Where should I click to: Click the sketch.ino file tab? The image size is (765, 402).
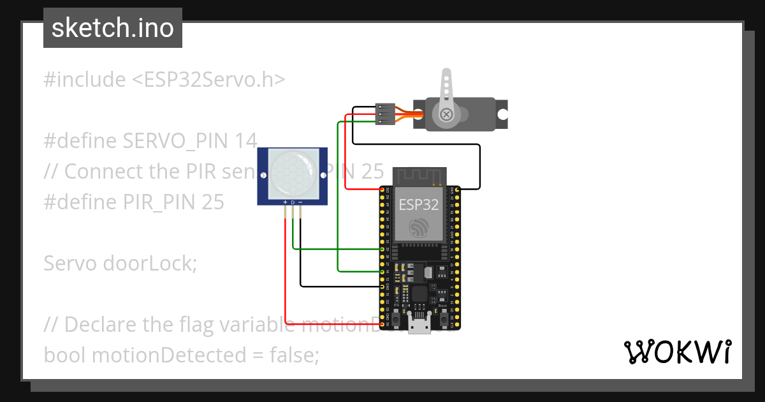click(x=113, y=28)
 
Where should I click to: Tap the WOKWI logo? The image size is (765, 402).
click(x=677, y=352)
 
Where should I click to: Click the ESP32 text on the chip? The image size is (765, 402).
click(x=419, y=205)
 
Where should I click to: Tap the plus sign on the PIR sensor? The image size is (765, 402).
click(x=284, y=202)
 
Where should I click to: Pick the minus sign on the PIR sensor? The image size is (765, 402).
click(x=300, y=202)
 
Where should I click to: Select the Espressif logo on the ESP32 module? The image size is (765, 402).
click(x=419, y=227)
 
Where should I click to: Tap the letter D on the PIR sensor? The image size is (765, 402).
click(x=293, y=202)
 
